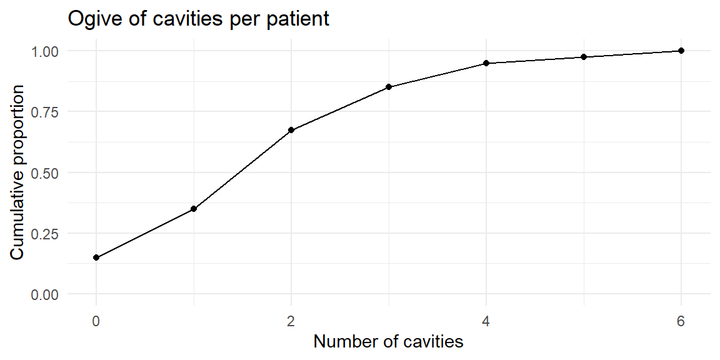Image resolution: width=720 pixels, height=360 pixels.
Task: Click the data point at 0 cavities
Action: pyautogui.click(x=96, y=257)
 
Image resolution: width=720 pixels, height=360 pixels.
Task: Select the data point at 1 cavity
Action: pyautogui.click(x=194, y=209)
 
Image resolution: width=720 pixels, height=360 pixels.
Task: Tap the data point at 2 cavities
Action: pyautogui.click(x=291, y=130)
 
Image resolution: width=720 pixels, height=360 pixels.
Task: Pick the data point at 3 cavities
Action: pyautogui.click(x=389, y=87)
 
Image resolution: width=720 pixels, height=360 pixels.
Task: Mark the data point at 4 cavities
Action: pyautogui.click(x=486, y=63)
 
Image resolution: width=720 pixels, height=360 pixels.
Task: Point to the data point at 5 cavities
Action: pyautogui.click(x=584, y=57)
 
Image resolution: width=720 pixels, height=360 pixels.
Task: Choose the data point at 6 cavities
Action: pyautogui.click(x=681, y=51)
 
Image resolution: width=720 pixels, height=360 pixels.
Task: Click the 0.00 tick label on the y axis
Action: pyautogui.click(x=46, y=294)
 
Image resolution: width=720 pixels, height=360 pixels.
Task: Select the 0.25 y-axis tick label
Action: pyautogui.click(x=46, y=233)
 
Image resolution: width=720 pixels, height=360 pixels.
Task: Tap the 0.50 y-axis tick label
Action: pyautogui.click(x=46, y=172)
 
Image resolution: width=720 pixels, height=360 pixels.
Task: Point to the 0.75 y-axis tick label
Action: pyautogui.click(x=46, y=112)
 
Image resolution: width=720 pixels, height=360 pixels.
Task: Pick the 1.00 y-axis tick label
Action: pyautogui.click(x=46, y=51)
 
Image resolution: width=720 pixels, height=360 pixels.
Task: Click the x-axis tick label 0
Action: pyautogui.click(x=96, y=321)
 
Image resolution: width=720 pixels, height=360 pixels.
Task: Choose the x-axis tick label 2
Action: pyautogui.click(x=291, y=321)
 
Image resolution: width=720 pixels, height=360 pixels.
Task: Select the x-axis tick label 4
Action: pyautogui.click(x=486, y=321)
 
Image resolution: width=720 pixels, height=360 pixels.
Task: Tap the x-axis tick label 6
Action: pyautogui.click(x=681, y=321)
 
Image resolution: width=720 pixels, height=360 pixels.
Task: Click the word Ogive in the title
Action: pyautogui.click(x=91, y=20)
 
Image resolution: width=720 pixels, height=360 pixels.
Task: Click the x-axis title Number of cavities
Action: pyautogui.click(x=389, y=342)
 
